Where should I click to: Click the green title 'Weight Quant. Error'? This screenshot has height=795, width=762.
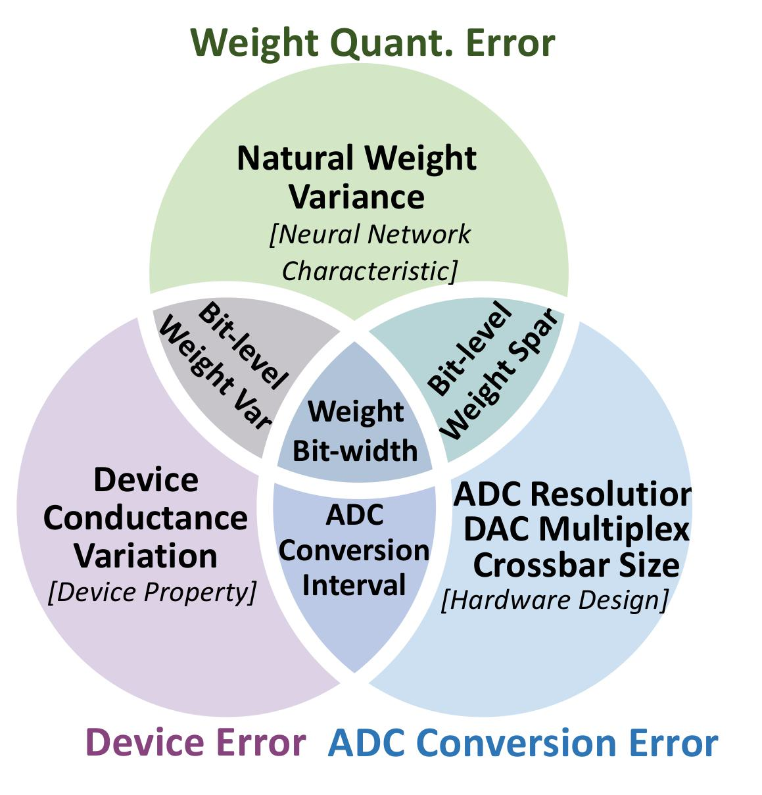click(x=373, y=43)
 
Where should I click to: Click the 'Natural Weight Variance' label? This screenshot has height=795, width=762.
click(x=357, y=178)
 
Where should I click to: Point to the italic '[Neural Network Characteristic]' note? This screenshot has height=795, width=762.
click(x=369, y=253)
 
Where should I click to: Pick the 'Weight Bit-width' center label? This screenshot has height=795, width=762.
click(x=355, y=431)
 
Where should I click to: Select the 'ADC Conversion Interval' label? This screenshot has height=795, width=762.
click(x=354, y=550)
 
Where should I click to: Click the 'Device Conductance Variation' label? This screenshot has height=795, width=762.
click(x=145, y=518)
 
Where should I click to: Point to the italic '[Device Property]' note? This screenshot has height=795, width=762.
click(x=152, y=592)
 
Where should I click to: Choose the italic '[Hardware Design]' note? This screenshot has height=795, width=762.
click(x=554, y=600)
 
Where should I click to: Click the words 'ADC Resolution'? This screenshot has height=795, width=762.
click(x=572, y=494)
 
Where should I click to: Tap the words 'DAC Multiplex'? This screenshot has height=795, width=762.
click(x=576, y=529)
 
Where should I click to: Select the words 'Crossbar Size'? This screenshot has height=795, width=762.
click(x=576, y=565)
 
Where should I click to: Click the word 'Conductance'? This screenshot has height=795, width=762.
click(x=145, y=518)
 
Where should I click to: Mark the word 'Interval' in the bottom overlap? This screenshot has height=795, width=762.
click(x=354, y=585)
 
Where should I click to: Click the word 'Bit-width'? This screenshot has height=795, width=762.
click(x=355, y=451)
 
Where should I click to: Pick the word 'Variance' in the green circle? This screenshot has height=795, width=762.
click(x=357, y=197)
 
